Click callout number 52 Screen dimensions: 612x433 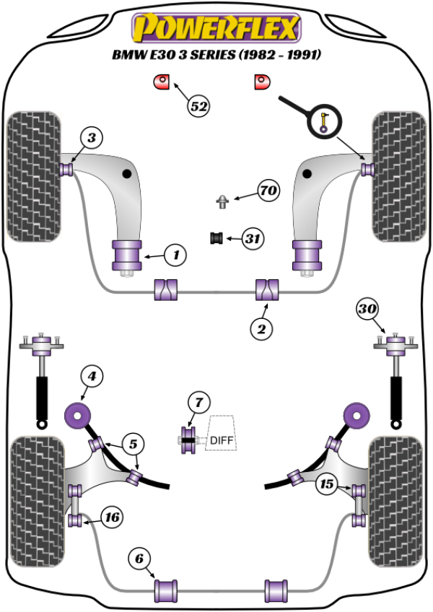198,106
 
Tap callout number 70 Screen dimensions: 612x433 268,191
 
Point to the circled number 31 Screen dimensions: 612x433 252,238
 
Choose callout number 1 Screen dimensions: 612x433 175,254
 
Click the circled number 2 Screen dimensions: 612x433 261,329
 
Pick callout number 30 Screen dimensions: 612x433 367,310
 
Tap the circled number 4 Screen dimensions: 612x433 91,375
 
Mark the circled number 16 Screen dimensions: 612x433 111,517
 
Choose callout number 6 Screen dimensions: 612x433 140,558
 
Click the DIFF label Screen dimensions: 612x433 222,440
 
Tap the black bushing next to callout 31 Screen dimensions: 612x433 214,237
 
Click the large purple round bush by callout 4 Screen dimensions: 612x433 76,416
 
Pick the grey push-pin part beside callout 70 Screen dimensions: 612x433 224,200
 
